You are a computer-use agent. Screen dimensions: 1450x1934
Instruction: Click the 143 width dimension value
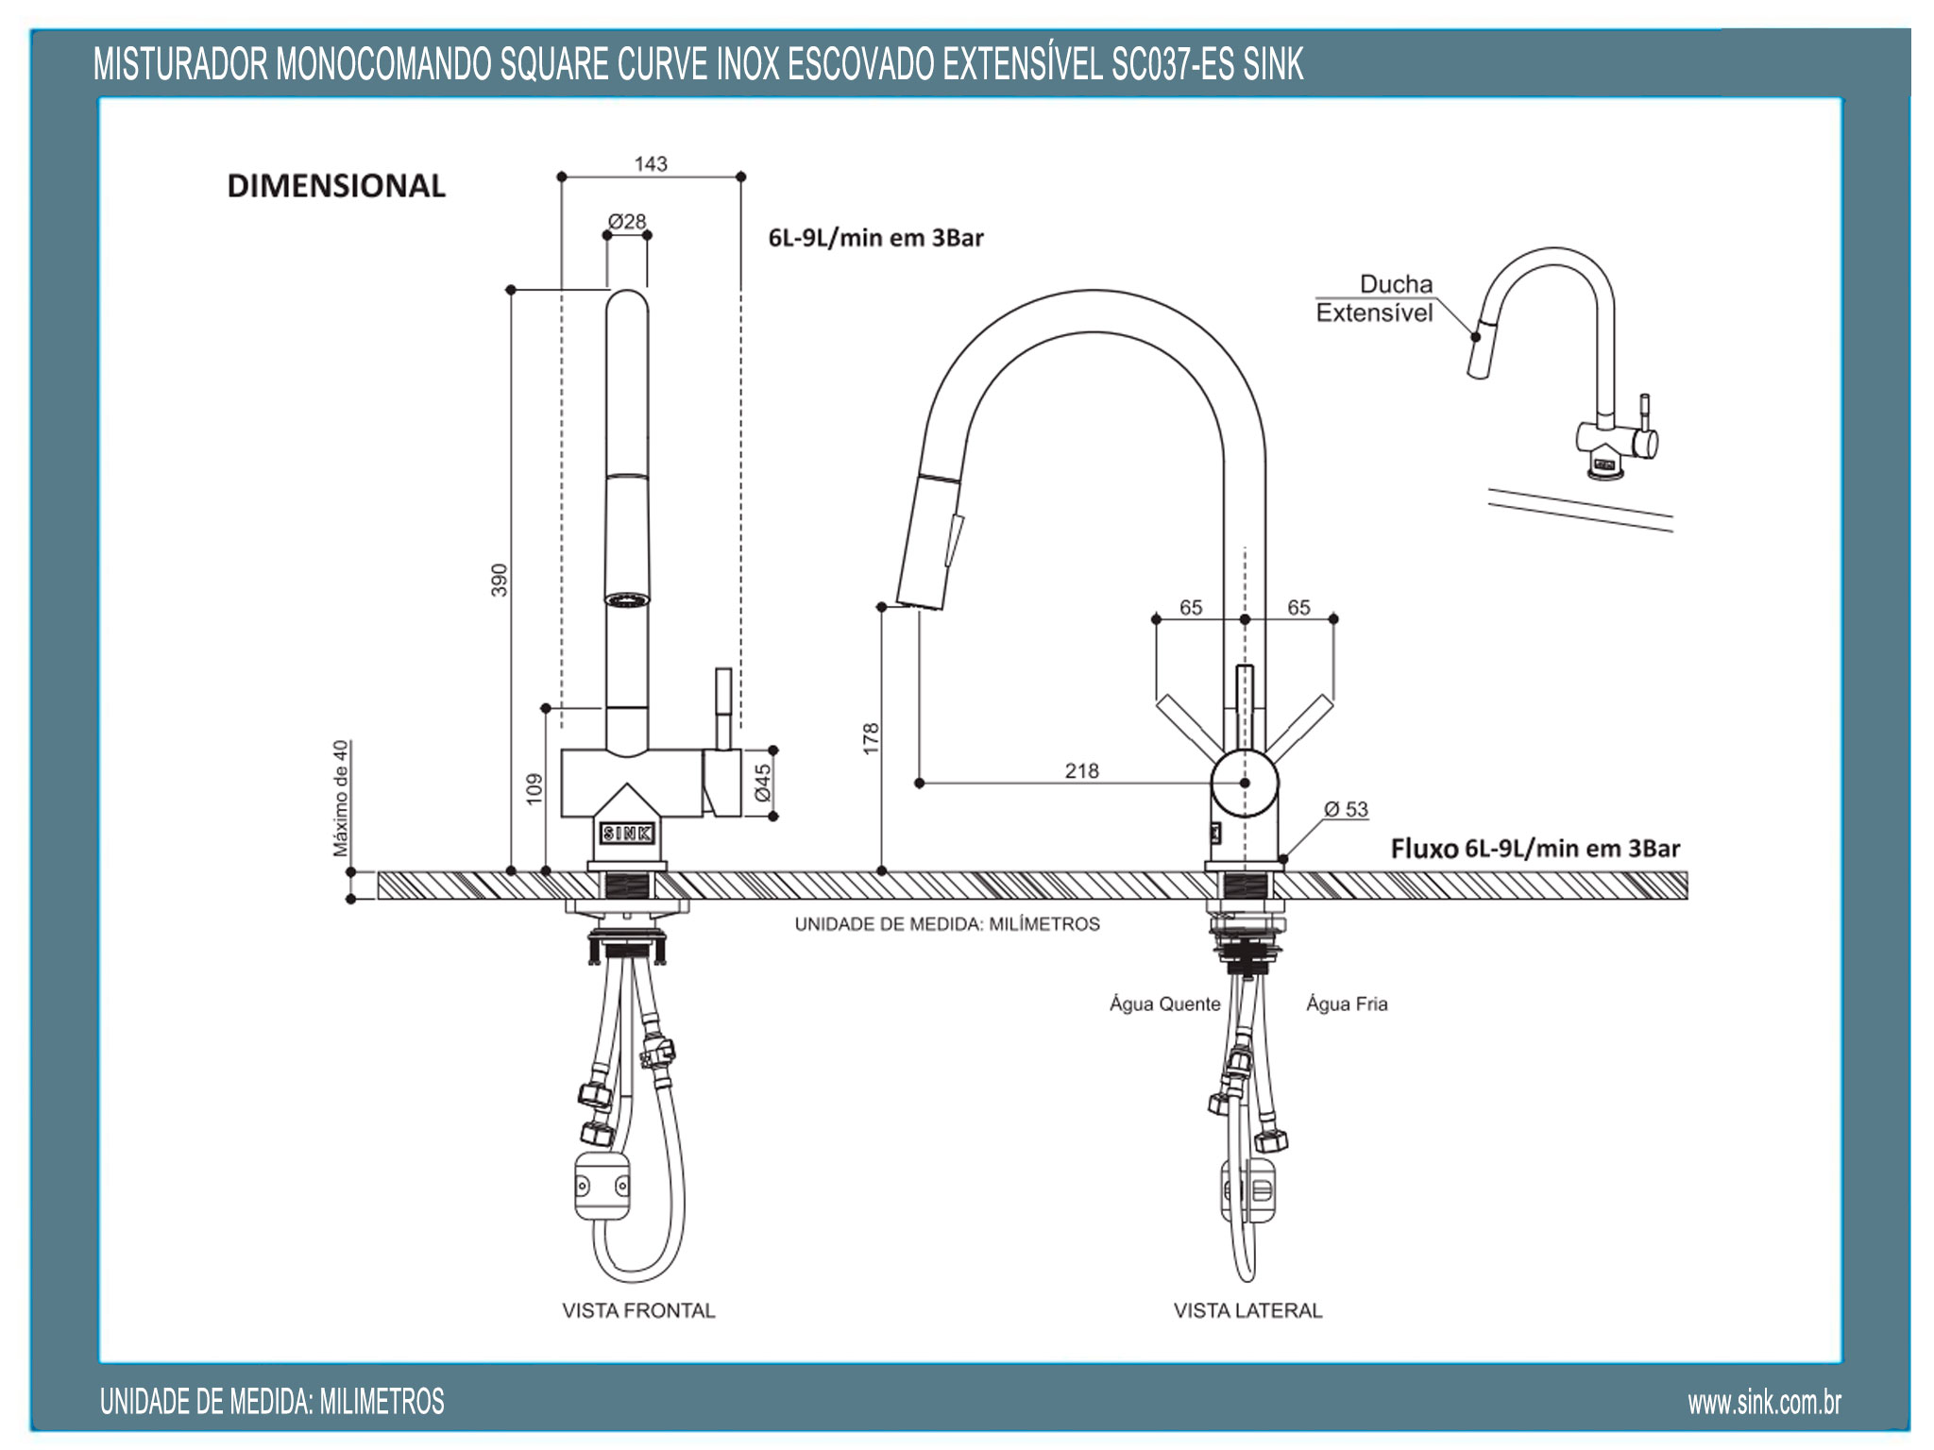651,164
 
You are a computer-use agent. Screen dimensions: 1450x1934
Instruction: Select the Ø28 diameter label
627,222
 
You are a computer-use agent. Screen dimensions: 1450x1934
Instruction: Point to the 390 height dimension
499,580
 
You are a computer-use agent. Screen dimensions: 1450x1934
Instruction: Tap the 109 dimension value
534,788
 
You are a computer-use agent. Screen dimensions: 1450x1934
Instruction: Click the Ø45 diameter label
763,783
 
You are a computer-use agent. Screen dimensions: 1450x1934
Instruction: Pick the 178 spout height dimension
871,738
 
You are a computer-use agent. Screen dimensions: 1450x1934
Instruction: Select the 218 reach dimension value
1081,770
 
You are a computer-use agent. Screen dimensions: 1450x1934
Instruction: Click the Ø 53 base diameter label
1346,809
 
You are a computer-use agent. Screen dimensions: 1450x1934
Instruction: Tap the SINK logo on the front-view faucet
627,833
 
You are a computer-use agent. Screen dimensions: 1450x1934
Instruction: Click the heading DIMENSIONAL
336,186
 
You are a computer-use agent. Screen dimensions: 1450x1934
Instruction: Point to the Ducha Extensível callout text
1375,298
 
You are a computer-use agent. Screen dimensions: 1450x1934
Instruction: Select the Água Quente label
1164,1004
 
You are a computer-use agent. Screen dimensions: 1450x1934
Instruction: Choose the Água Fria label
1347,1004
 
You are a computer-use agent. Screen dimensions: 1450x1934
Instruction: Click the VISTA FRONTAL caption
638,1310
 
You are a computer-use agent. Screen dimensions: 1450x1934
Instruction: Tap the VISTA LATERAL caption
1247,1310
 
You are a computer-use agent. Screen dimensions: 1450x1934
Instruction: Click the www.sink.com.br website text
1764,1403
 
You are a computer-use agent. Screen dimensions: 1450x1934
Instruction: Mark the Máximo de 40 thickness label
341,798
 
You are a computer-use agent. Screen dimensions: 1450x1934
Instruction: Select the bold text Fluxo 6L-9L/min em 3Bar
1535,849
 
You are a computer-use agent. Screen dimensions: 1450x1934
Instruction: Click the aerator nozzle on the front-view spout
627,599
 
